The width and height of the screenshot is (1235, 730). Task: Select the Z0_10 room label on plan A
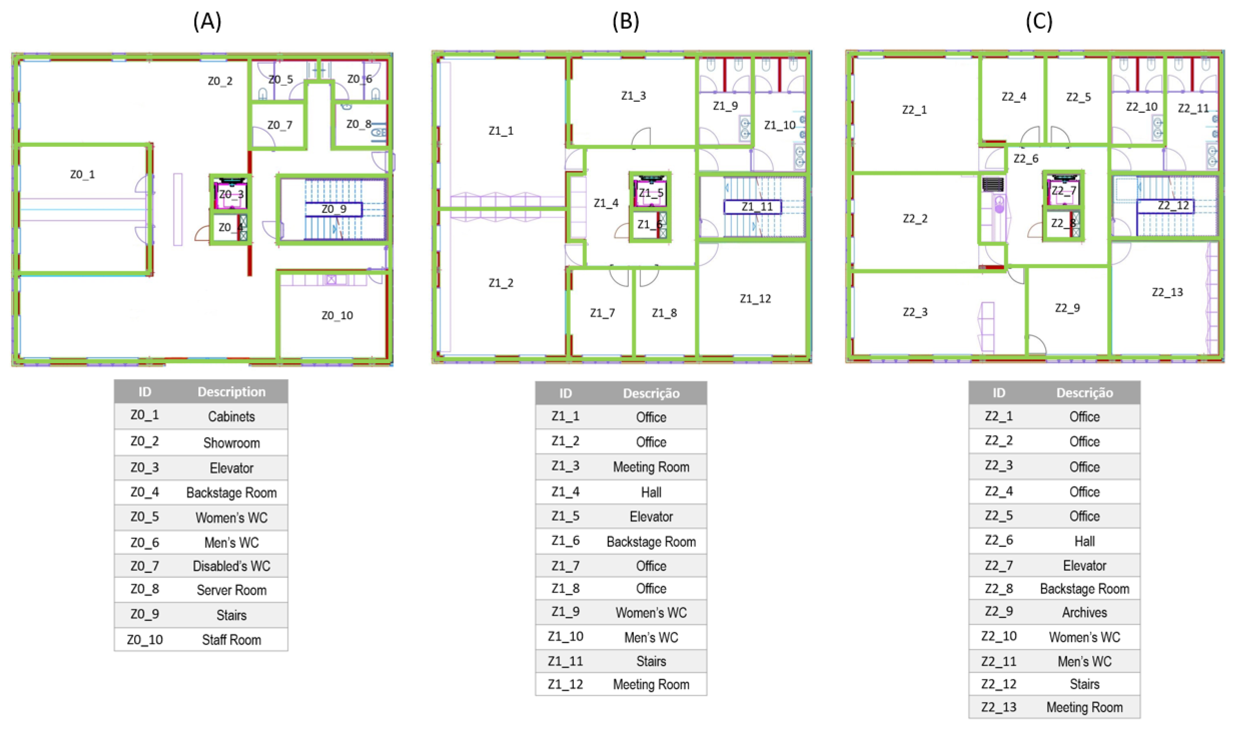(337, 315)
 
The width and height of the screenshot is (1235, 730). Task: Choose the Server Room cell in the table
(232, 590)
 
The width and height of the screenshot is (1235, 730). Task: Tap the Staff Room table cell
(232, 640)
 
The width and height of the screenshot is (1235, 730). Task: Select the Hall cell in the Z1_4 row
(651, 492)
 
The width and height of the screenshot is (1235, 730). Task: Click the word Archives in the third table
(1085, 612)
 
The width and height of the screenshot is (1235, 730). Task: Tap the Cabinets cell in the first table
(232, 417)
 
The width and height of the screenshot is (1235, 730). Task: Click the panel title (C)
(1039, 22)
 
